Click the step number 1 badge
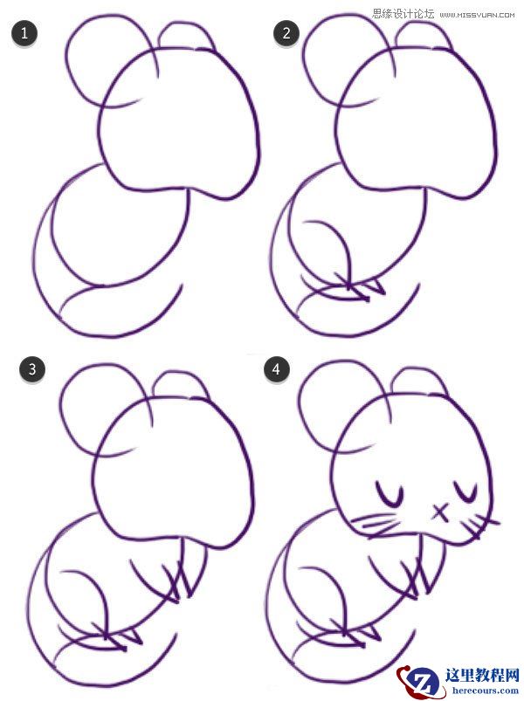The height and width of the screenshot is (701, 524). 25,34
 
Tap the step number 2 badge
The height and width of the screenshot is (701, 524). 285,34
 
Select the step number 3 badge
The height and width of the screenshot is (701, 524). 31,369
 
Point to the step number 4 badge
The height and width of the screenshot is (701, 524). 277,369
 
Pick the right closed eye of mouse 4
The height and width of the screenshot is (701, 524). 472,494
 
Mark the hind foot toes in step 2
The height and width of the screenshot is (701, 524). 363,285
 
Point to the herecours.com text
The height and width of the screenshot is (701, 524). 477,690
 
